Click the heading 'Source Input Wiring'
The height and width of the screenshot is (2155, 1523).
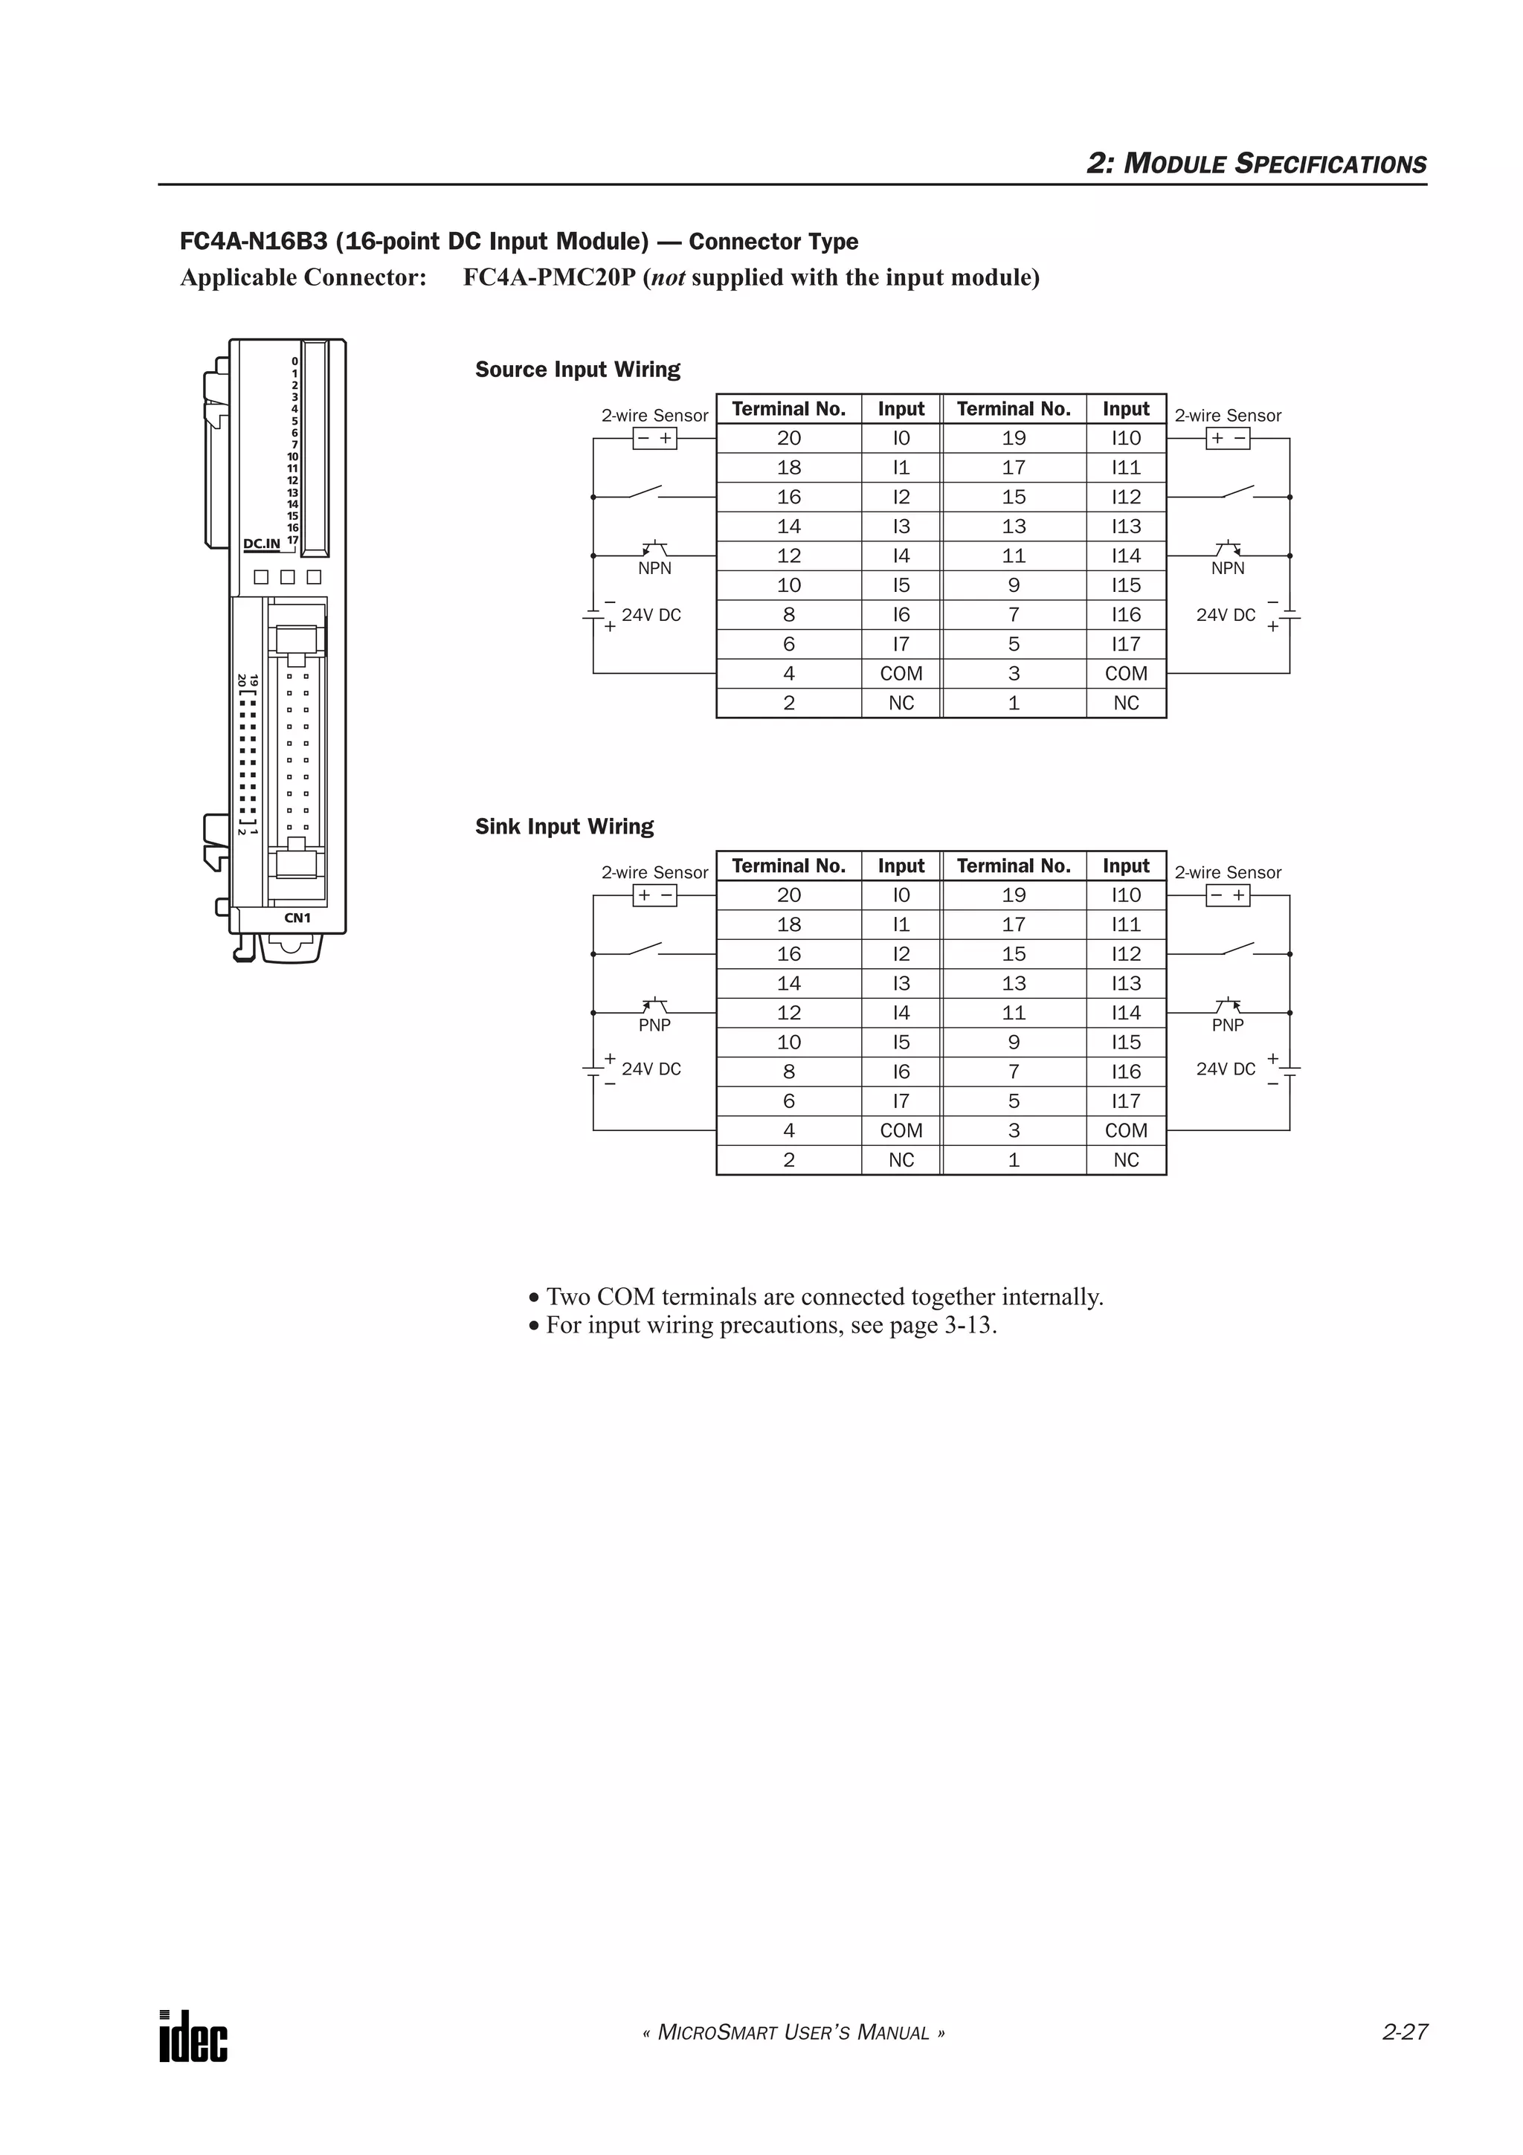pos(577,370)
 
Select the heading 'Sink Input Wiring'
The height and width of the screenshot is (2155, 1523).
pos(564,827)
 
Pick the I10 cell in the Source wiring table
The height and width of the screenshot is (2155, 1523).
pos(1125,438)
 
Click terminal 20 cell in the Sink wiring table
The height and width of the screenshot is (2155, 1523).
pos(788,895)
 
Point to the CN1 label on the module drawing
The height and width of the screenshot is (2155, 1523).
pos(297,918)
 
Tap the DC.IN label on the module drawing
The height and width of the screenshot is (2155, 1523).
pos(262,544)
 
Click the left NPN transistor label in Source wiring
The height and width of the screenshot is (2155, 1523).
pos(654,569)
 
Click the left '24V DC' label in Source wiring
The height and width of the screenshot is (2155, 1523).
pos(651,616)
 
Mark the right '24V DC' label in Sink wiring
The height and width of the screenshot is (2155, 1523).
pos(1225,1069)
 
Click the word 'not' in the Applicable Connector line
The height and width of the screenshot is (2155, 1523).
pos(667,279)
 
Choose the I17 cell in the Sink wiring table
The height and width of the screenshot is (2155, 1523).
pos(1125,1101)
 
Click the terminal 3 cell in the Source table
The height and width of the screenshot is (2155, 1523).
pos(1014,674)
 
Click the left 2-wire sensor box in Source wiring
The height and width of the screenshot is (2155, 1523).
pos(654,438)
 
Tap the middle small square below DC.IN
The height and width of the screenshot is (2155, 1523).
pos(288,577)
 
